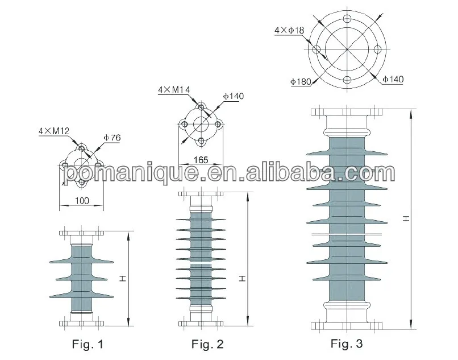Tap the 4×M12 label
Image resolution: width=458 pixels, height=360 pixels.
[x=53, y=131]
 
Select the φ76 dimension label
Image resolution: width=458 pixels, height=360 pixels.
[x=113, y=138]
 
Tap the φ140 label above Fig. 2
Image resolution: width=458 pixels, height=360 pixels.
[x=233, y=97]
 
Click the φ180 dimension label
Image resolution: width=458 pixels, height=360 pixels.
[x=300, y=82]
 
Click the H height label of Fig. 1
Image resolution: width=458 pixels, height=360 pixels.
[x=123, y=278]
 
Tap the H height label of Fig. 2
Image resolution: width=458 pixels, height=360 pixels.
[x=242, y=278]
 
